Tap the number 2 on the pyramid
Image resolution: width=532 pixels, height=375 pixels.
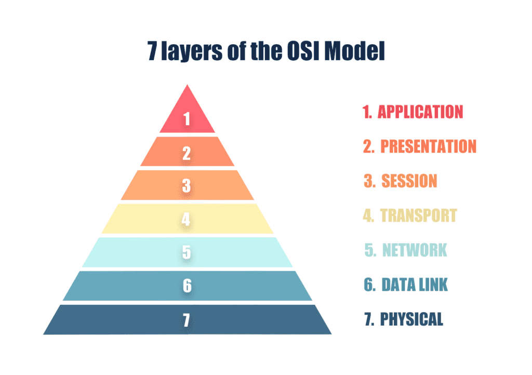187,153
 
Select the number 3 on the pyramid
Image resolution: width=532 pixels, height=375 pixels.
187,186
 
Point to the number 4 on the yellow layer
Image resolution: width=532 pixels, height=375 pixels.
187,219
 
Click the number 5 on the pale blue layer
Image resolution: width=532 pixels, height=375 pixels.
187,252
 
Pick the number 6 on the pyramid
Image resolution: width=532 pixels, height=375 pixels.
187,286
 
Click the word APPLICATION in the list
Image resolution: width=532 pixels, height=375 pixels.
420,112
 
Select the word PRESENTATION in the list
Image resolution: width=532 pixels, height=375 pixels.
428,146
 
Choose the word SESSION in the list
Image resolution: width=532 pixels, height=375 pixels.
409,181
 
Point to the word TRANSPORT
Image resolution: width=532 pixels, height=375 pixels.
418,215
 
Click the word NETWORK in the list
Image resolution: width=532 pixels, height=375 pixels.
415,250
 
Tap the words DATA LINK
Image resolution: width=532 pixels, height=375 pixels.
415,285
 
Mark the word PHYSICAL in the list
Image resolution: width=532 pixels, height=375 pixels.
411,319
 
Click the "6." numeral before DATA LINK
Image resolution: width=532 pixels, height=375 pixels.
369,285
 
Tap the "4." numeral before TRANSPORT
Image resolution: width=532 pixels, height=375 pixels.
368,215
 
